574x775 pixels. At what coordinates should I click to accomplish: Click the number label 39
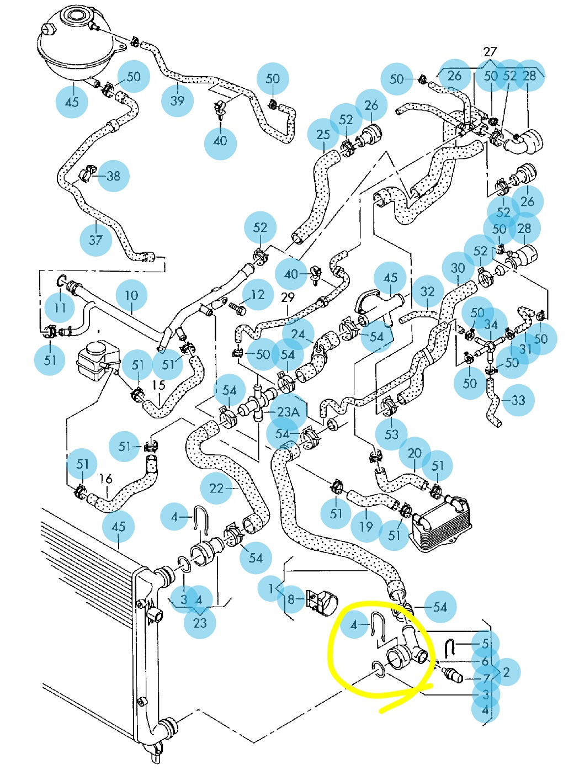[177, 100]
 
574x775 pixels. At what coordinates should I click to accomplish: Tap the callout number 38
[113, 176]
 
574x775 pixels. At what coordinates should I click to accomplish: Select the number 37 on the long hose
[95, 240]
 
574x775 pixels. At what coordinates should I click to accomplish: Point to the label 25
[323, 135]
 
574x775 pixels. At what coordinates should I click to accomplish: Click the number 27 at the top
[490, 52]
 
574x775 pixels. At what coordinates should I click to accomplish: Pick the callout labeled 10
[131, 295]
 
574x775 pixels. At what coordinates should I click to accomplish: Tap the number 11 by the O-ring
[60, 307]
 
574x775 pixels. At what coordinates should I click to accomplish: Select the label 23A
[288, 412]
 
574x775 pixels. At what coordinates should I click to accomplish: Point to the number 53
[391, 434]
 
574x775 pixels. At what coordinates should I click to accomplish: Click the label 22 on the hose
[216, 488]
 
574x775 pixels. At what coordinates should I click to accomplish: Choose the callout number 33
[518, 400]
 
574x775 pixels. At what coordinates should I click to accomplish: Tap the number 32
[428, 291]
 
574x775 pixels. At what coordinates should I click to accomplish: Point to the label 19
[366, 527]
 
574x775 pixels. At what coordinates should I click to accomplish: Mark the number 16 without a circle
[105, 479]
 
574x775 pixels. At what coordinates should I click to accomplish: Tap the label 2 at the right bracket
[506, 672]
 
